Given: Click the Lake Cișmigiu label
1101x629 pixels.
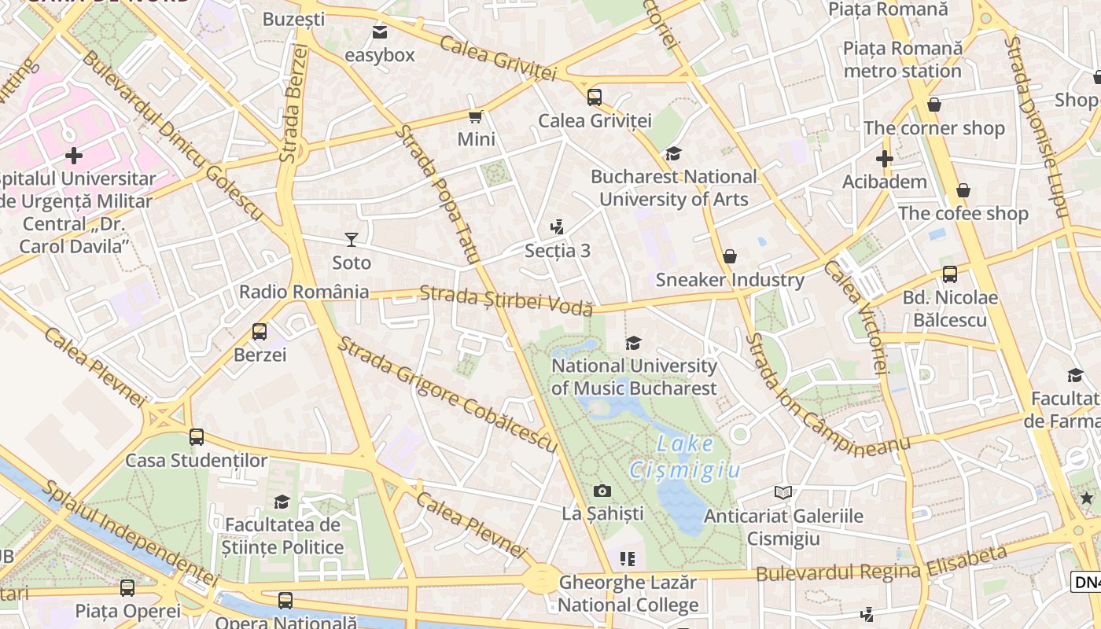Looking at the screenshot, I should click(685, 457).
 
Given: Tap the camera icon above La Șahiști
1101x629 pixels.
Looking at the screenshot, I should click(602, 491).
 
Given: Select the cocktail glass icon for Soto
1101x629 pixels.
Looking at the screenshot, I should click(352, 239).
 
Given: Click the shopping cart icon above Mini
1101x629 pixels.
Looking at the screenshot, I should click(475, 117).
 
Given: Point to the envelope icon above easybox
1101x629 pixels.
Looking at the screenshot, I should click(380, 32).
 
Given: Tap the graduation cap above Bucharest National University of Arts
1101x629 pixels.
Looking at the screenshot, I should click(673, 153).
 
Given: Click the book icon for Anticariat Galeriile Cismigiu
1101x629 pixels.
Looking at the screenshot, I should click(782, 493).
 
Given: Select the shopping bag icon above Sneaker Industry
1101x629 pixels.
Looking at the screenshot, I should click(730, 256).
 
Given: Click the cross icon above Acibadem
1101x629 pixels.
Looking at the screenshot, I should click(884, 159).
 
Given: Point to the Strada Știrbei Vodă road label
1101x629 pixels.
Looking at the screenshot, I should click(506, 300).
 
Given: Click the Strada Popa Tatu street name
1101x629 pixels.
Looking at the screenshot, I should click(436, 193).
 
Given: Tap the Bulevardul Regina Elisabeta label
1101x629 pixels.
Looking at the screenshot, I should click(881, 564).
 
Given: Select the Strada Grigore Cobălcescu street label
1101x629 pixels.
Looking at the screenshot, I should click(447, 395).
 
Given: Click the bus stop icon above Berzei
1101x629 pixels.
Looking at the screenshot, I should click(260, 332).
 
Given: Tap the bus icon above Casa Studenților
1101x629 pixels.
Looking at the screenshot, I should click(197, 437).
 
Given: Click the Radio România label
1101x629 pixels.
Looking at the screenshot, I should click(304, 292).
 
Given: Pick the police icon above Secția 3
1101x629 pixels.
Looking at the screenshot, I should click(558, 227).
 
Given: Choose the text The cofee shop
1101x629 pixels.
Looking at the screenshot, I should click(963, 214).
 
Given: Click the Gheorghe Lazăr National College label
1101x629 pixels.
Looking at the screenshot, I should click(628, 594).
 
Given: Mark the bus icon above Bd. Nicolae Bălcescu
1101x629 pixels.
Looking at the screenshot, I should click(950, 274).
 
